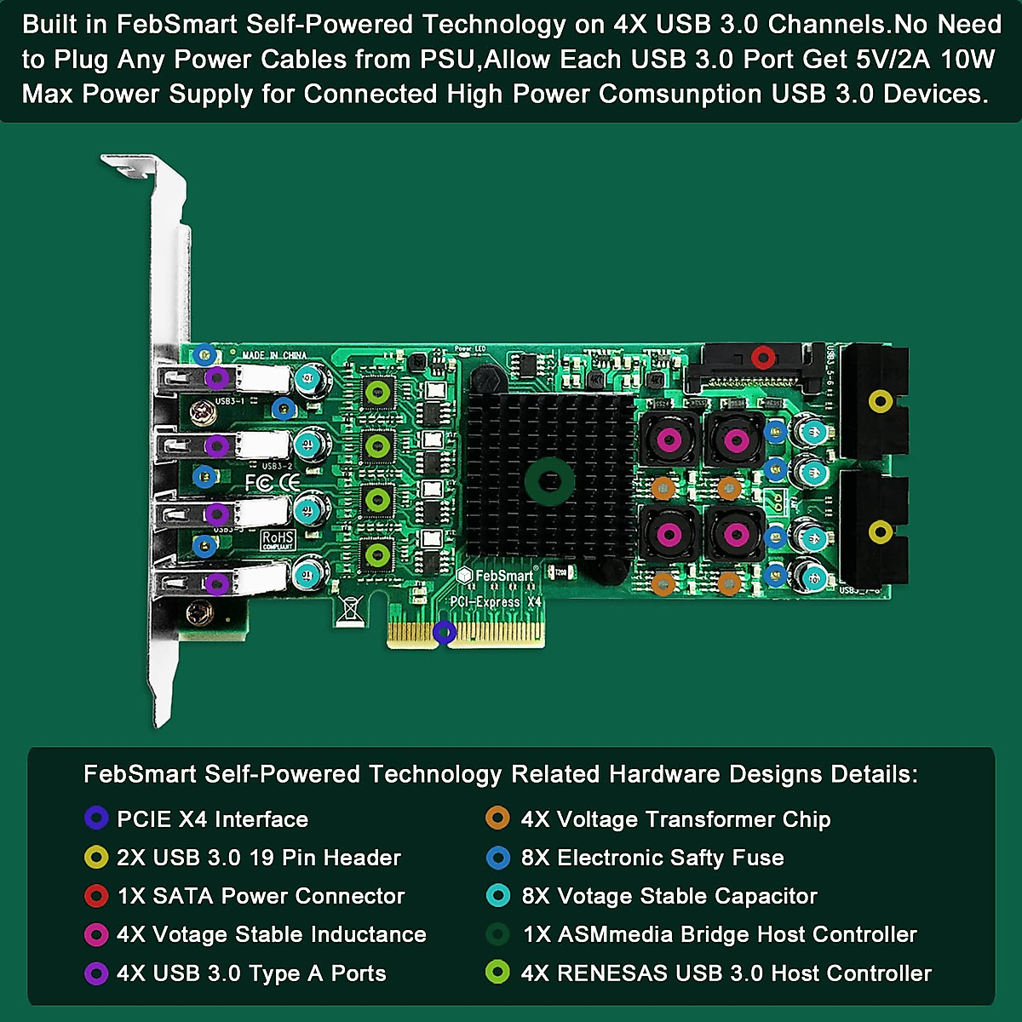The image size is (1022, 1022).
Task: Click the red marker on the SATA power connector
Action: coord(762,357)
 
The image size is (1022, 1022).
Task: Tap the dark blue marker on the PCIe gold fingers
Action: coord(444,632)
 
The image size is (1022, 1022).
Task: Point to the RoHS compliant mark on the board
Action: coord(278,540)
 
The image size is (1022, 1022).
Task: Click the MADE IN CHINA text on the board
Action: coord(274,355)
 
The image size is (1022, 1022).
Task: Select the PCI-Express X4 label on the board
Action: coord(496,602)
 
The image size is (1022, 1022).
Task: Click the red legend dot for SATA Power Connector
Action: coord(96,896)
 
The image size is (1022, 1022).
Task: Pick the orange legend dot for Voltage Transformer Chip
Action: coord(497,818)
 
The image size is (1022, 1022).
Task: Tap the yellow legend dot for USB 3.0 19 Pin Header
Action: coord(96,858)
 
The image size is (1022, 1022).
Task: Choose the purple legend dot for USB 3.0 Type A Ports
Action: coord(96,973)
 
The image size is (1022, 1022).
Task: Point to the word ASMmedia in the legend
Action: coord(611,934)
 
